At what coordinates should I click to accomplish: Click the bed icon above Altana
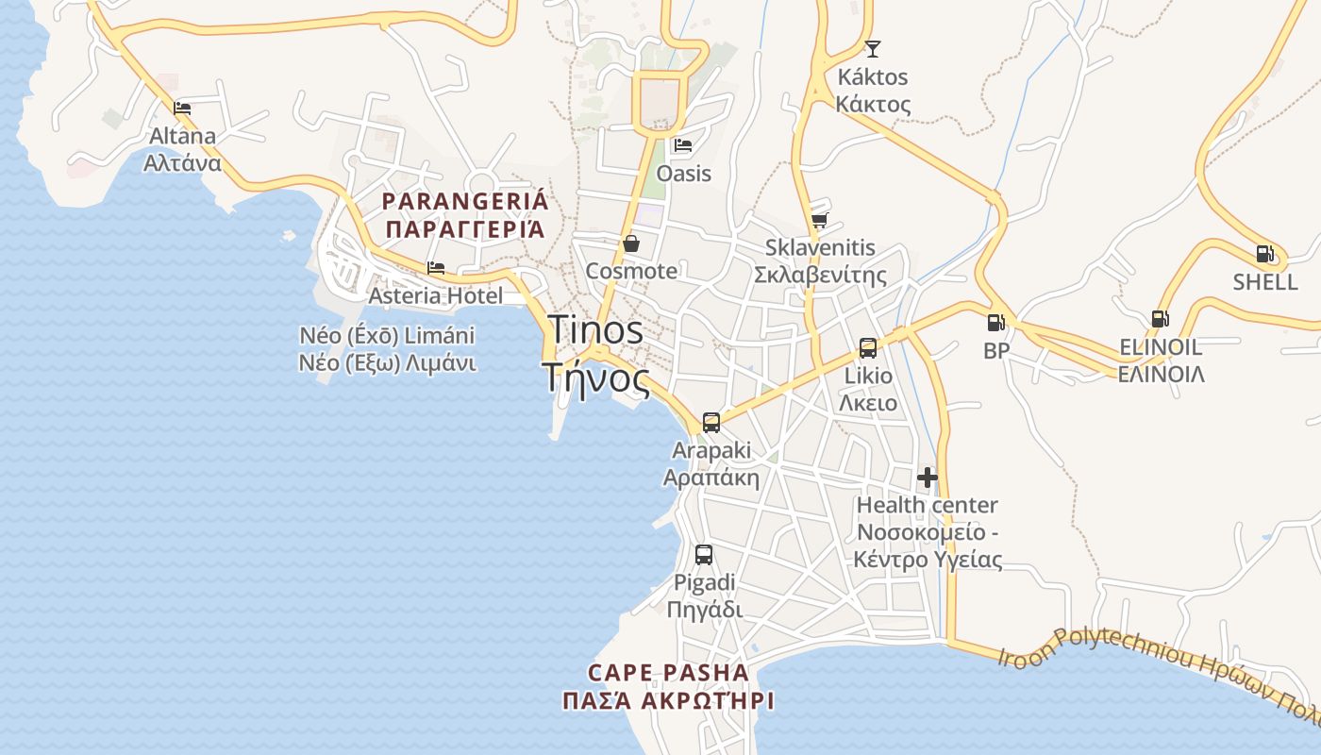(182, 109)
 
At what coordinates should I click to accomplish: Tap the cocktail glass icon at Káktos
(873, 48)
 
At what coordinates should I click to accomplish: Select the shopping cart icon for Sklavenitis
(819, 220)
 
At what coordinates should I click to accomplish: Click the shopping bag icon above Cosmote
(631, 243)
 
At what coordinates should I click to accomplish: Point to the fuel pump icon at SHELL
(1264, 254)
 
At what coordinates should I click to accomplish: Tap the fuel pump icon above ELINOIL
(1160, 319)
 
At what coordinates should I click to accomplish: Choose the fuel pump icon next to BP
(995, 323)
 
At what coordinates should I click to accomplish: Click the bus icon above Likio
(867, 348)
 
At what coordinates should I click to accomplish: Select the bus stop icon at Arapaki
(711, 422)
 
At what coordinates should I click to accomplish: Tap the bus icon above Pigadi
(703, 555)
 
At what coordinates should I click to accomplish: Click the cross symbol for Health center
(928, 478)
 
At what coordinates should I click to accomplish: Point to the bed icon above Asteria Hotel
(435, 268)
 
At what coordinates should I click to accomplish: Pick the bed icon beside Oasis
(682, 145)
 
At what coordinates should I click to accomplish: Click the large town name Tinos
(596, 330)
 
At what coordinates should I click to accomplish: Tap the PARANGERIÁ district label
(464, 201)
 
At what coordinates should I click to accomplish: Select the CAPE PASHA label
(668, 673)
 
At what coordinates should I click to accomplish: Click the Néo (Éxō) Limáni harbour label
(387, 336)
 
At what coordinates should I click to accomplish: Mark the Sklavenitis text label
(820, 248)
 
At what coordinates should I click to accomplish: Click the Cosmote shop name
(631, 271)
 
